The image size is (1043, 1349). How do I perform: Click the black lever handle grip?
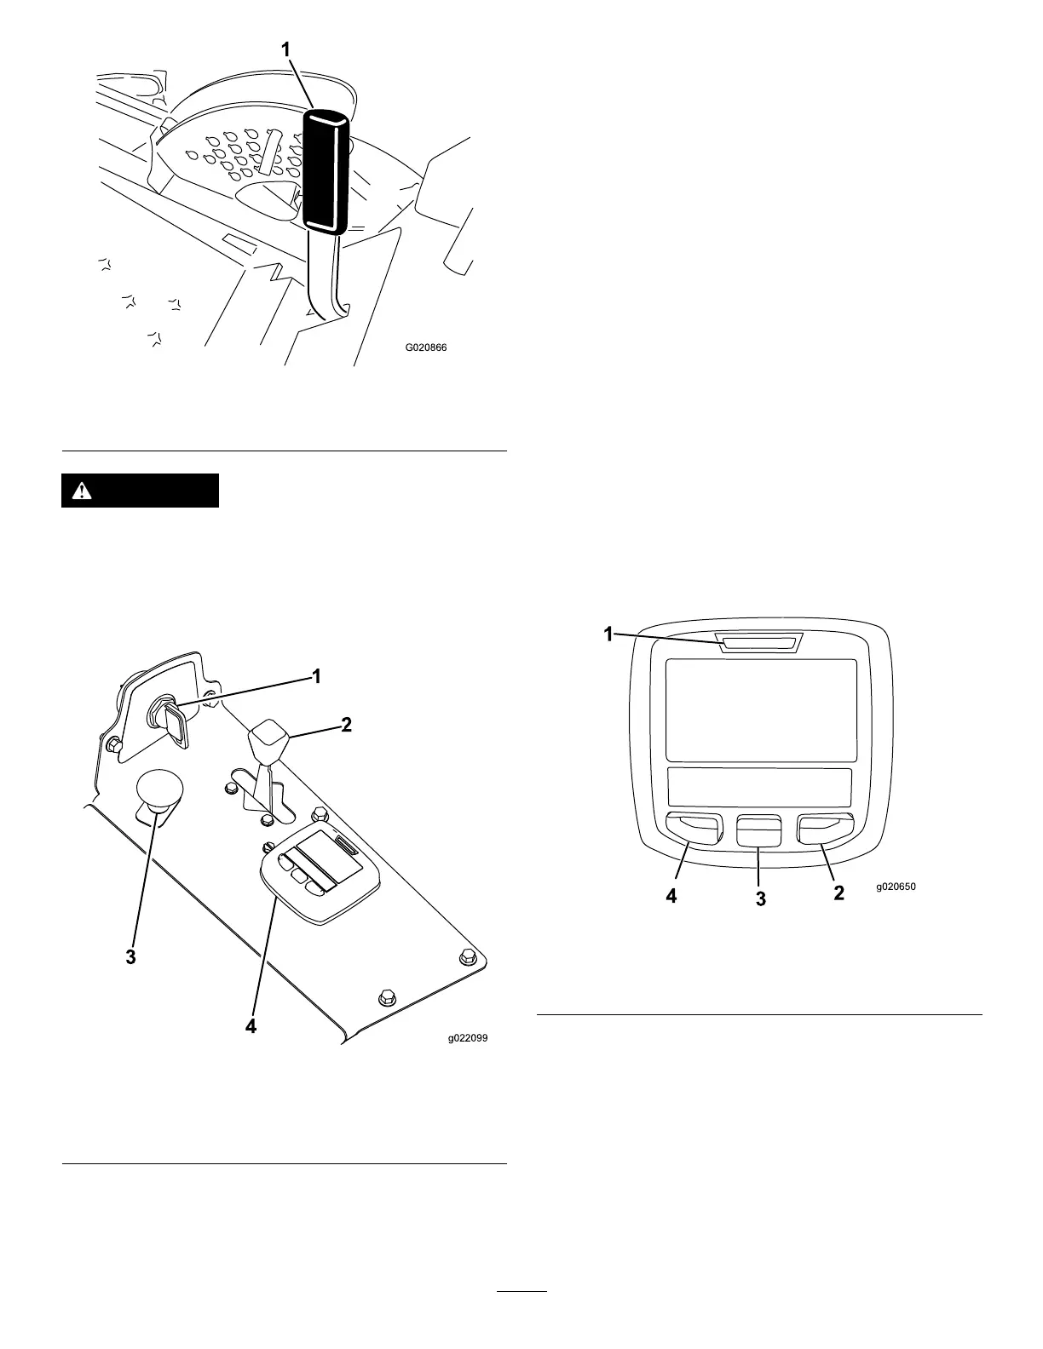[326, 170]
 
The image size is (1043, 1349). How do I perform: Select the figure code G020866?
[426, 347]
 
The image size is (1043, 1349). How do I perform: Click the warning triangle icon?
[82, 491]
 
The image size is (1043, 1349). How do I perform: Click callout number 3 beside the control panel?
[130, 957]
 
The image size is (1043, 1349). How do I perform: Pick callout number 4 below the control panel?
[251, 1026]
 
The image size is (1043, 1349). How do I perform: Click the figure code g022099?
[469, 1038]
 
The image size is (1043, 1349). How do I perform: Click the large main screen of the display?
[760, 710]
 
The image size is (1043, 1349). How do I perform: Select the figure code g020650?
[896, 887]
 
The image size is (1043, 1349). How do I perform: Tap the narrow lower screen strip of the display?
[760, 787]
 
